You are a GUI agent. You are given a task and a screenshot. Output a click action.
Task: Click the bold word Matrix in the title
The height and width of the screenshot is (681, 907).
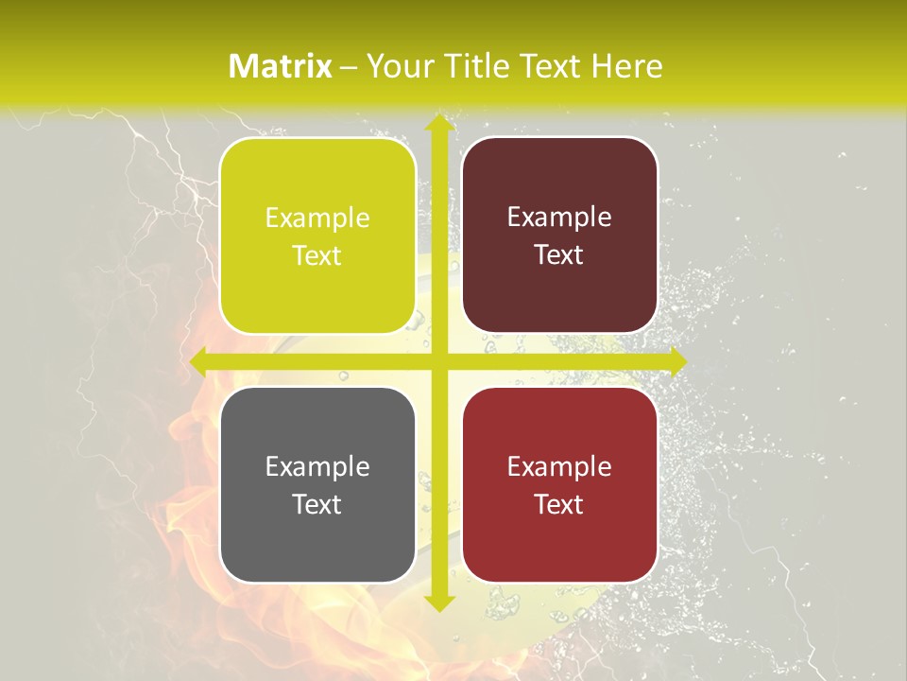point(281,66)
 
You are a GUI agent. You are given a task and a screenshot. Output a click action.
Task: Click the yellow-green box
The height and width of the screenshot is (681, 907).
point(317,236)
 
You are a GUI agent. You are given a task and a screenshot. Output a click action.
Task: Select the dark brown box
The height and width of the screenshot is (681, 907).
point(559,236)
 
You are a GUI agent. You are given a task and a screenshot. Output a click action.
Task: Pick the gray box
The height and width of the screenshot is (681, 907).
point(317,485)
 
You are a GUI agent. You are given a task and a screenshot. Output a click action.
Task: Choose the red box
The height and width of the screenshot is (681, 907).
point(559,485)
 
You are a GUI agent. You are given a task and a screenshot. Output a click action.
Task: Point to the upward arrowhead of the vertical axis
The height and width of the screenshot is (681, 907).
point(437,124)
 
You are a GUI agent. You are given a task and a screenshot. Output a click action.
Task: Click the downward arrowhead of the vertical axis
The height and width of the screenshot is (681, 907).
point(437,602)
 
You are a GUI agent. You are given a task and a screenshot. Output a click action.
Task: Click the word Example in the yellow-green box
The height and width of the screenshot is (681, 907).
point(317,218)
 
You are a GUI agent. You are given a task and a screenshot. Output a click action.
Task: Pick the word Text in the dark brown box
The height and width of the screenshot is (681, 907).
point(559,255)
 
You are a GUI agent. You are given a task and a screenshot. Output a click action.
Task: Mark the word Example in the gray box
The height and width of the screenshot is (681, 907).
point(317,467)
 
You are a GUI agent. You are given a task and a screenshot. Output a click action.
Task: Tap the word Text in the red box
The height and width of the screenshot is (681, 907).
point(559,505)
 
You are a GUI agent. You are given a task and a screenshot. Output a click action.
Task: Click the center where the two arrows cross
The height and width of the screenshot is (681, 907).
point(437,361)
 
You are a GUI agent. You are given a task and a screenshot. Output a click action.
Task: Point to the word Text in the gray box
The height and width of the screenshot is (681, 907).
point(317,505)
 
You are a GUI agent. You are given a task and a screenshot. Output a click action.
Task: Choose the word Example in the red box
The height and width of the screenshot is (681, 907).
point(559,467)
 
